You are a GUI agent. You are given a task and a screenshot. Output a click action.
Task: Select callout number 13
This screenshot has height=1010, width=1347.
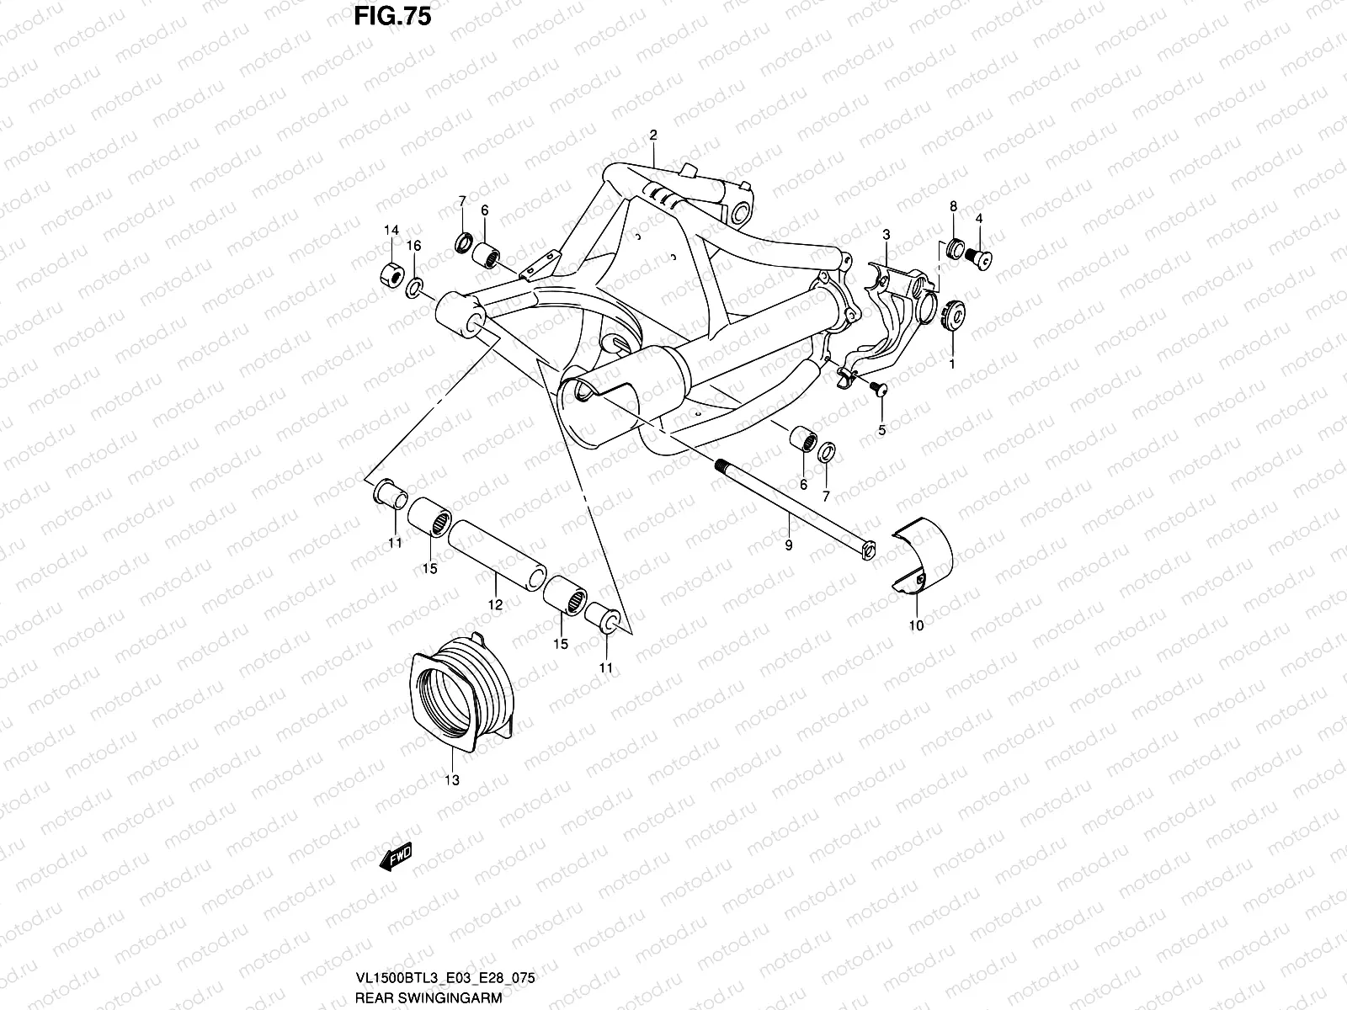(452, 780)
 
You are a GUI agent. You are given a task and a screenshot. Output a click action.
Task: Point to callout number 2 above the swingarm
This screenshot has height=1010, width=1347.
(652, 136)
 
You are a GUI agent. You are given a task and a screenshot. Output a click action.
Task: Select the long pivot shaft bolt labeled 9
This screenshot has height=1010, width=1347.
(791, 505)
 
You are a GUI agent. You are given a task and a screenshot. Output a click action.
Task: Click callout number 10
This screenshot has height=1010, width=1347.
(916, 625)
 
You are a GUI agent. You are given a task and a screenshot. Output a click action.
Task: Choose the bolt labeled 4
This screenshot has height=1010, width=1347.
(981, 257)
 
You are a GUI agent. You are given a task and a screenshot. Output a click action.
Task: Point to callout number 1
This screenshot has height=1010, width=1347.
(952, 364)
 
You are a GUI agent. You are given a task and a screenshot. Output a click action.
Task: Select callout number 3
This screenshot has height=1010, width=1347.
(886, 233)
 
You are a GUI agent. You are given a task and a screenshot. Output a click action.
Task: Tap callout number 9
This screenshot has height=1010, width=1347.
(789, 545)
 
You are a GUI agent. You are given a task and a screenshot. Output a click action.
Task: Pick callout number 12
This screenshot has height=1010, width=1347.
(495, 603)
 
